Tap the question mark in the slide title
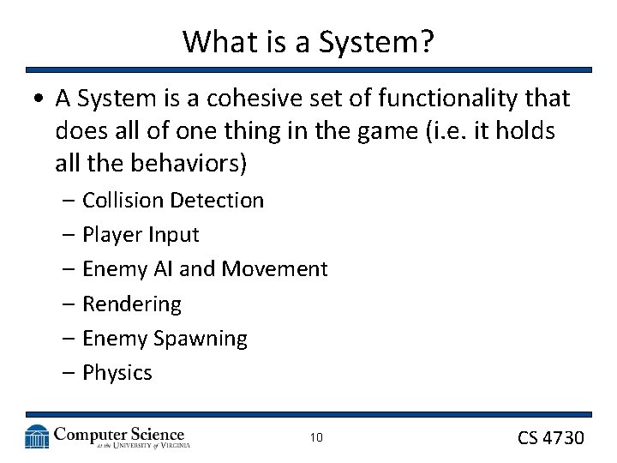coord(426,41)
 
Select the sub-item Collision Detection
coord(172,201)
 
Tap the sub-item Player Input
coord(141,235)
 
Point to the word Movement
coord(274,269)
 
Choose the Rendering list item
coord(132,304)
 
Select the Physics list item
coord(117,373)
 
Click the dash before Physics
coord(68,373)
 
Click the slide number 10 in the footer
coord(316,438)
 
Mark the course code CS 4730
coord(550,438)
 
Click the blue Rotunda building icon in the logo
coord(37,436)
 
